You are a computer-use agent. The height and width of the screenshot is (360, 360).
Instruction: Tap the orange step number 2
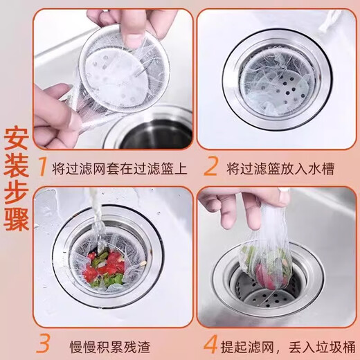click(210, 168)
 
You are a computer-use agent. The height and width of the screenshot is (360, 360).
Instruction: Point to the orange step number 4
click(210, 343)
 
